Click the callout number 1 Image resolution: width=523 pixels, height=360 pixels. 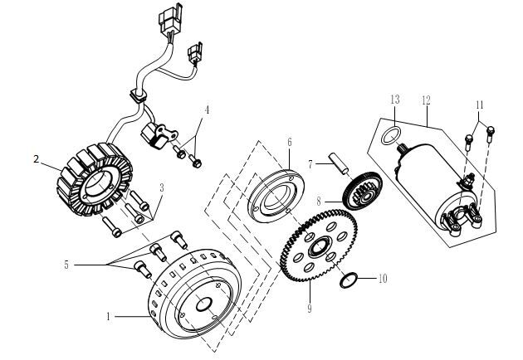108,315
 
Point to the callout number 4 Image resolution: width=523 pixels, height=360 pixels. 208,110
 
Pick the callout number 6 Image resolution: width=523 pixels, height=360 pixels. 289,141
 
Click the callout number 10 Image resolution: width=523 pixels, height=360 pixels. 383,279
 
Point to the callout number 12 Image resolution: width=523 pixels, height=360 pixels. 426,100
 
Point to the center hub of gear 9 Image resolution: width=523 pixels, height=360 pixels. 318,247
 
